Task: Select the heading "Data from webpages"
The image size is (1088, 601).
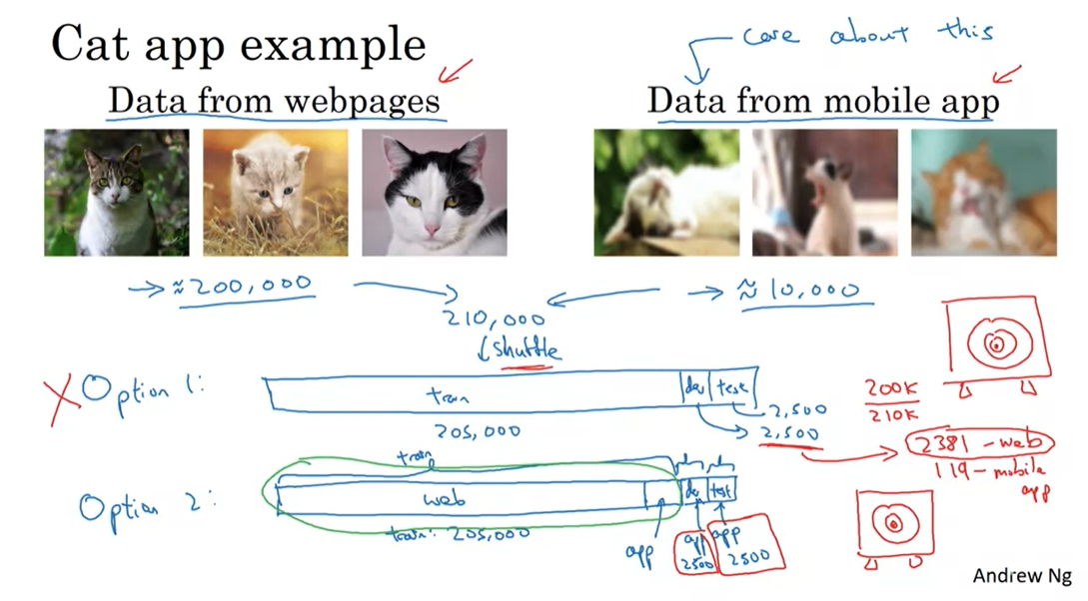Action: pos(274,100)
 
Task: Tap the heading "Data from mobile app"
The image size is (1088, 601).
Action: pos(822,100)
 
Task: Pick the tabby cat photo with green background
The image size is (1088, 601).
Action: pos(116,192)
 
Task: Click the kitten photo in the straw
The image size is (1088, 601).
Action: pos(276,192)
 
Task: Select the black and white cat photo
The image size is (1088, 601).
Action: pos(434,192)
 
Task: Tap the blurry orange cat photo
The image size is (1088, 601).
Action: pos(983,192)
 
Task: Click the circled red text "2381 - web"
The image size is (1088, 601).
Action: pos(979,442)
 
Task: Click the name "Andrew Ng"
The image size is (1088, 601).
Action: pos(1021,576)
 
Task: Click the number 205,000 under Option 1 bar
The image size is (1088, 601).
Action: pos(478,430)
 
